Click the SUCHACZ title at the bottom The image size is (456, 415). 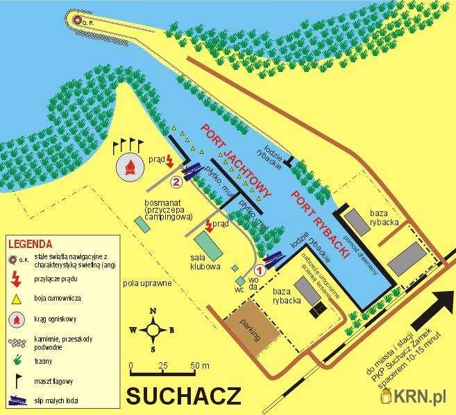(184, 396)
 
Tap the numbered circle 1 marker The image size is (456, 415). (261, 270)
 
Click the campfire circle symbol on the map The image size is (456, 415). (128, 166)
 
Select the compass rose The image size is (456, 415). (153, 330)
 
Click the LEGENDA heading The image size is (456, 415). (30, 244)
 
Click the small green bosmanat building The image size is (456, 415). (142, 224)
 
